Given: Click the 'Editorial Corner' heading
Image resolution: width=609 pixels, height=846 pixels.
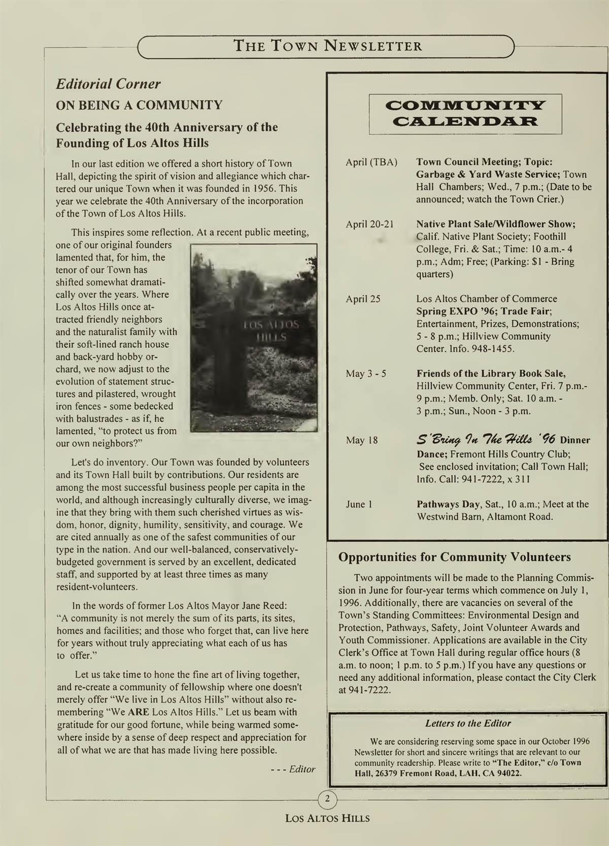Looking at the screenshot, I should point(108,84).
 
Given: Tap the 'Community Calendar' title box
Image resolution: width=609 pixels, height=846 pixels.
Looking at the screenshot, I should point(465,114).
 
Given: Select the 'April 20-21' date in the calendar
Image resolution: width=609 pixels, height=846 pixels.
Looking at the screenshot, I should point(369,224).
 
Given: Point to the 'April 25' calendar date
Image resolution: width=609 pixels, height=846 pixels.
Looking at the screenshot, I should point(363,299).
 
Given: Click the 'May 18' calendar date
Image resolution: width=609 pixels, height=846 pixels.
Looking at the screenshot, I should point(362,440).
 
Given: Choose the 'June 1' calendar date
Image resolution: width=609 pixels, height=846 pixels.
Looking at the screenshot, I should point(359,504).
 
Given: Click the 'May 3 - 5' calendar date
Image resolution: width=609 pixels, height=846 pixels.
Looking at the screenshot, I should point(366,374).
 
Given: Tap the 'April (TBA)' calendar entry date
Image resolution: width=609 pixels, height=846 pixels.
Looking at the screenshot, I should point(371,162).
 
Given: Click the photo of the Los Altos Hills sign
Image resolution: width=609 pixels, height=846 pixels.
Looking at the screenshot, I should point(253,338).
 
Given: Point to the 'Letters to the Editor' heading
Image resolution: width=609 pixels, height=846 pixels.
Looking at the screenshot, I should point(468,723).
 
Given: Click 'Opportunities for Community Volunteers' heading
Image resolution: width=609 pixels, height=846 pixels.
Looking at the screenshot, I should point(454,557).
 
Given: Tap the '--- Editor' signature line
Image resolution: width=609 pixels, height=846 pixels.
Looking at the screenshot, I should point(293,769).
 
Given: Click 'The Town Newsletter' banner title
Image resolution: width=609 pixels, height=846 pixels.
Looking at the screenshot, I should point(327,46).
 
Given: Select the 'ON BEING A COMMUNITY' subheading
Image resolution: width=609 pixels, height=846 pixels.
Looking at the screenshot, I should point(139,105).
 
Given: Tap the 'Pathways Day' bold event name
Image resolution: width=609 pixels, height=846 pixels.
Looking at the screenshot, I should point(449,504).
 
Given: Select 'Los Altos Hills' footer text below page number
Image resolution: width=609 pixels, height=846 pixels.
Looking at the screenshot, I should point(327,819).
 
